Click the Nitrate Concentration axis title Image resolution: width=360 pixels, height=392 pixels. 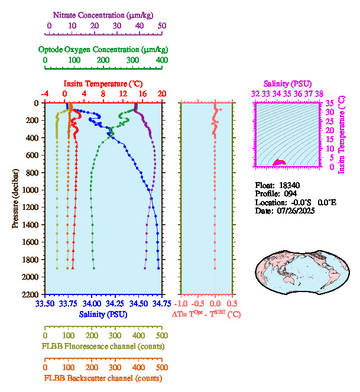(105, 14)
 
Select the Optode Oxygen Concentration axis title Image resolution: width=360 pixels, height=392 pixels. (103, 49)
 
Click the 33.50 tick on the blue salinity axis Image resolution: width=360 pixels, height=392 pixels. (44, 303)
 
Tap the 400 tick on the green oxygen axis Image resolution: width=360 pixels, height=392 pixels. (161, 60)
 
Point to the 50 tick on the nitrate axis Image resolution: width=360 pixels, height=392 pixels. (162, 25)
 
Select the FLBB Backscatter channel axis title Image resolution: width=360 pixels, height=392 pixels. (103, 378)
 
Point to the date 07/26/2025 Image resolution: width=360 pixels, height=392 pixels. (295, 210)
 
